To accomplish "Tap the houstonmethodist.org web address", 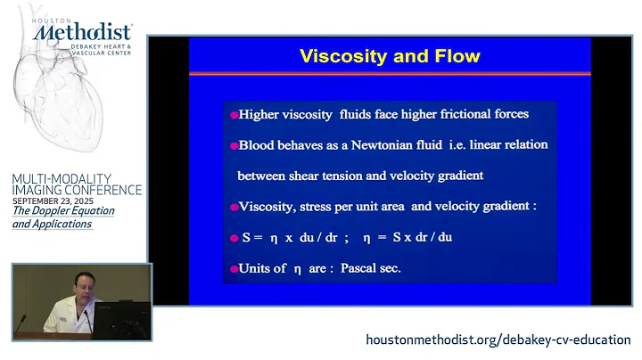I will pyautogui.click(x=498, y=340).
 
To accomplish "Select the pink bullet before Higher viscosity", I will pyautogui.click(x=234, y=114).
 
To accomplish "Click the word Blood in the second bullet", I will pyautogui.click(x=258, y=144).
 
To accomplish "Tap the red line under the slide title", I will pyautogui.click(x=390, y=73).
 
